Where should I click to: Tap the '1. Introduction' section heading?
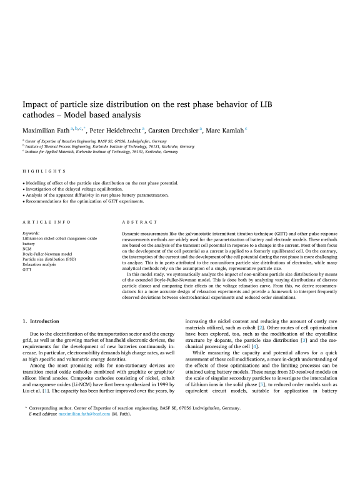(40, 321)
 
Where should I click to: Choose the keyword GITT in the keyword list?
(27, 269)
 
